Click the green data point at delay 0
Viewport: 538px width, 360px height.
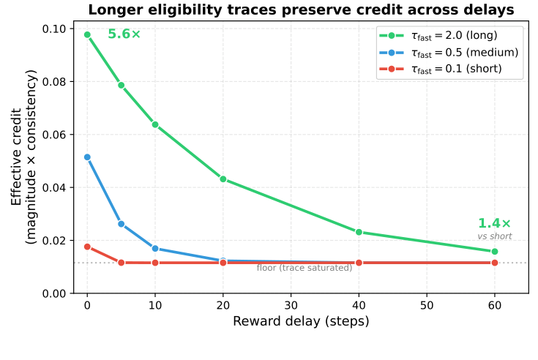tap(87, 34)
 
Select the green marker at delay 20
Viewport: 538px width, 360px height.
tap(223, 179)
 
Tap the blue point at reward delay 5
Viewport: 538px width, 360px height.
tap(122, 224)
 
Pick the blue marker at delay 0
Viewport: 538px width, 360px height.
tap(87, 157)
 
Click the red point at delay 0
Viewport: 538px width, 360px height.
tap(87, 247)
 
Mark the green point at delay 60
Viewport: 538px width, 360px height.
tap(495, 252)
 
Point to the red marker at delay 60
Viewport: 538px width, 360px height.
tap(495, 263)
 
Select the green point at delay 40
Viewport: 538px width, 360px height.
tap(359, 232)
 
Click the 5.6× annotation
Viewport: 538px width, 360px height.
tap(124, 34)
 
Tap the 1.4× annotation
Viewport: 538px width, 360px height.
tap(494, 224)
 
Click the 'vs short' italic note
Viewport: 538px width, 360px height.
tap(494, 236)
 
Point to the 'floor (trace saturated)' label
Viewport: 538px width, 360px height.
tap(304, 268)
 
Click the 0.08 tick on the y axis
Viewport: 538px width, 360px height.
tap(58, 82)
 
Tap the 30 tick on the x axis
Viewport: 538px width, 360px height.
tap(291, 304)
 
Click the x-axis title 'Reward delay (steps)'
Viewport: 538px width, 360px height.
tap(301, 322)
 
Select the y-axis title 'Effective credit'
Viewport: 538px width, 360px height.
tap(17, 156)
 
